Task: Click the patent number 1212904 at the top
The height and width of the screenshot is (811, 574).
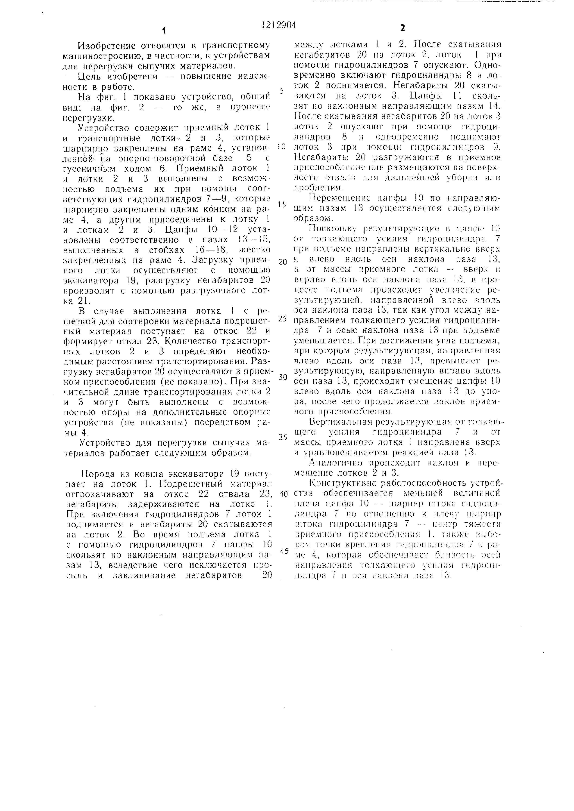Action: [x=278, y=25]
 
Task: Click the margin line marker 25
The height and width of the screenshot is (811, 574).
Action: [x=282, y=319]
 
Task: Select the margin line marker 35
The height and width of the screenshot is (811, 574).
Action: [x=282, y=437]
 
